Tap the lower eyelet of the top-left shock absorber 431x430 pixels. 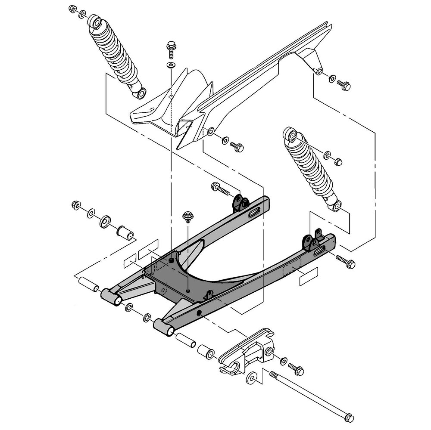(141, 92)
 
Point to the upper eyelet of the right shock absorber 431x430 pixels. (291, 136)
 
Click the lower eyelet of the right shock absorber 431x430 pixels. (337, 207)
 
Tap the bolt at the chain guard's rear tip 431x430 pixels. (344, 86)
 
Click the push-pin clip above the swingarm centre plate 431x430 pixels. (187, 216)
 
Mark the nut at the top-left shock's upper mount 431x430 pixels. (72, 9)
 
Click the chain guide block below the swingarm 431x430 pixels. (248, 351)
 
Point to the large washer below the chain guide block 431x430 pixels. (251, 379)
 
